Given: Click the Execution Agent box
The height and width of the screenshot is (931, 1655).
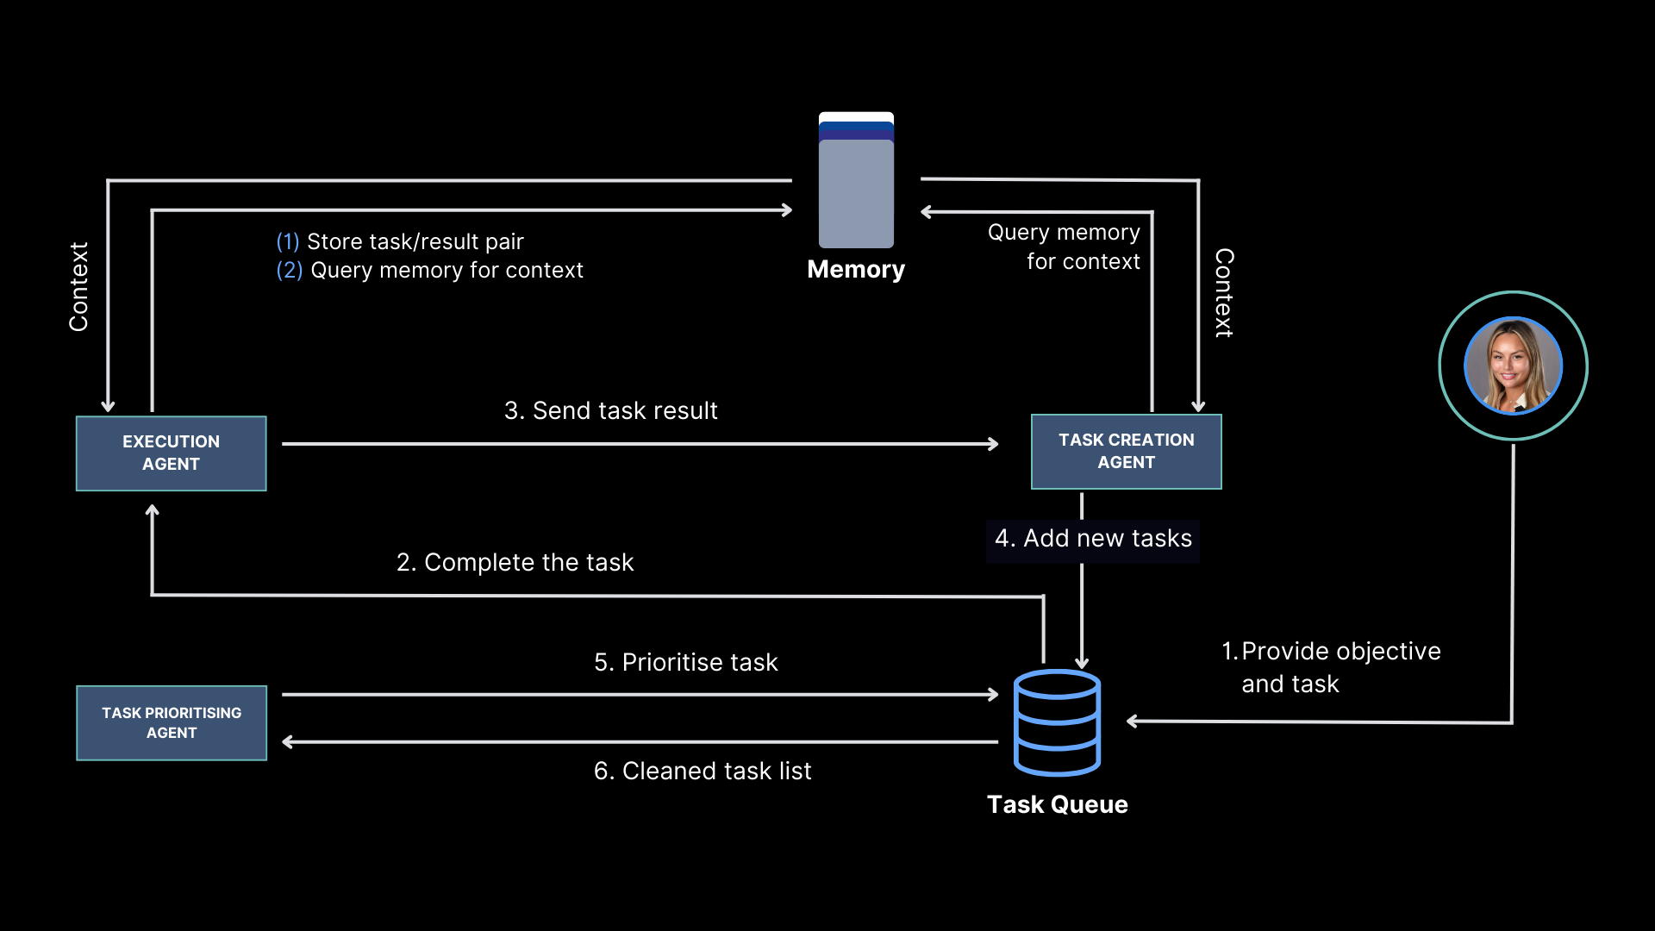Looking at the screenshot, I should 171,453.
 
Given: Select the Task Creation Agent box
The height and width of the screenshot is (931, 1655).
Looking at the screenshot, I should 1126,452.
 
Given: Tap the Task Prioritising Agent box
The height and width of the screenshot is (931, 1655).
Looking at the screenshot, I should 171,722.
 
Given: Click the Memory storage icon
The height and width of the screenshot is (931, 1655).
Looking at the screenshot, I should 856,181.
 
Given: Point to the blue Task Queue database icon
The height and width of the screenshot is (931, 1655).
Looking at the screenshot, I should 1057,722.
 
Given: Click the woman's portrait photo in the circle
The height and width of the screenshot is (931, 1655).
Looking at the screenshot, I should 1513,366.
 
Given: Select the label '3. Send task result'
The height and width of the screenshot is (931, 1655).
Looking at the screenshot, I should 610,410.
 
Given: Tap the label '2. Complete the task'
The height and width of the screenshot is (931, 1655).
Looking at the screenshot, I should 515,562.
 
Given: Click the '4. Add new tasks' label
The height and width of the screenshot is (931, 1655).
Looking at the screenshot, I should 1093,539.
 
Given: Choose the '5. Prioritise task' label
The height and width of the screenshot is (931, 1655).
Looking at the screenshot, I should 685,662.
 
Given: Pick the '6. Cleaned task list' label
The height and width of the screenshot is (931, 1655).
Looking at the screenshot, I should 702,771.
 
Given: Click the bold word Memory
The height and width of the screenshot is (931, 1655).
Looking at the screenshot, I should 856,270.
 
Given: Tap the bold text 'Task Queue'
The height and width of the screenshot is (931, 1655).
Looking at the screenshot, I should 1057,804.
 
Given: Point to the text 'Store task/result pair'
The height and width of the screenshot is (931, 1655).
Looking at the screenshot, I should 415,241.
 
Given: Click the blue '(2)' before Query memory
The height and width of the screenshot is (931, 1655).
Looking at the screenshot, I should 289,271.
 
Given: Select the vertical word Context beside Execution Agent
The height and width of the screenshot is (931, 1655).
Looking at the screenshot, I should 78,286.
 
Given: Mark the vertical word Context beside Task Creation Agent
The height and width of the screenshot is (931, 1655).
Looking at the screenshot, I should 1224,293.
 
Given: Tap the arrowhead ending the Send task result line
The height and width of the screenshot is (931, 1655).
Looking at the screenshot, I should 994,444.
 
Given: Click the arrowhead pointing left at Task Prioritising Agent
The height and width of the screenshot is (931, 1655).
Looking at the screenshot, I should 288,741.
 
